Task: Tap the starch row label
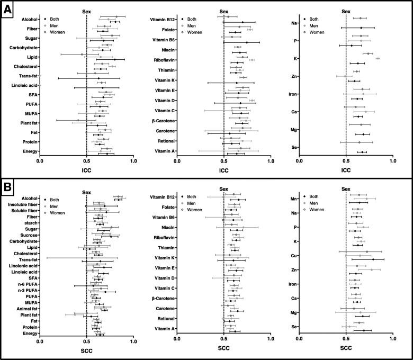tap(29, 223)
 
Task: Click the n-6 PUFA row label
tap(25, 283)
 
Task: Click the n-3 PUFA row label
tap(25, 290)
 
